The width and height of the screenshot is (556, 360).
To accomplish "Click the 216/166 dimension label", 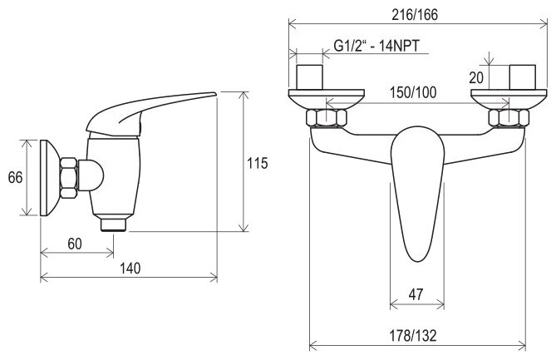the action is click(x=415, y=14).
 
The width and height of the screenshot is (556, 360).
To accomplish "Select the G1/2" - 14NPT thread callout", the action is click(x=376, y=46).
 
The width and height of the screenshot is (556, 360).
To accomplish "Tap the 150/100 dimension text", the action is click(x=413, y=92).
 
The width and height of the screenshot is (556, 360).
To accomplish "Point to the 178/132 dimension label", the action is click(x=413, y=335).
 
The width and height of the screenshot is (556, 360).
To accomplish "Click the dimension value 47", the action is click(x=416, y=294).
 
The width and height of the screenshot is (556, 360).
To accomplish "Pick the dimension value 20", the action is click(x=476, y=77).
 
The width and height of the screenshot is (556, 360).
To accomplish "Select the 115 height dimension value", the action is click(x=258, y=163).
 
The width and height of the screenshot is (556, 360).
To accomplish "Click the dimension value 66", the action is click(x=15, y=177).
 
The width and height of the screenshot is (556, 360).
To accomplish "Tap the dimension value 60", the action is click(x=75, y=244).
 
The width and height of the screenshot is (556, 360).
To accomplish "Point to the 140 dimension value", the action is click(x=130, y=269).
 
